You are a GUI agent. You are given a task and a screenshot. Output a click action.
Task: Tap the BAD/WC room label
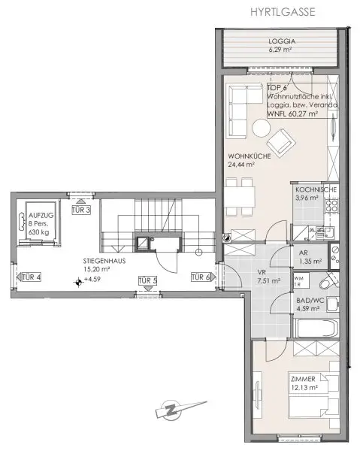pos(310,299)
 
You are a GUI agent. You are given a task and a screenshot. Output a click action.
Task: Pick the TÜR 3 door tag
pos(81,210)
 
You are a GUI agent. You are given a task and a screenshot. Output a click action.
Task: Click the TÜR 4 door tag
pos(30,277)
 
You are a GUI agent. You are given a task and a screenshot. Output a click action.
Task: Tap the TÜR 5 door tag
pos(147,281)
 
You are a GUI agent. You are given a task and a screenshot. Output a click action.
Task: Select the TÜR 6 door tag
pos(200,277)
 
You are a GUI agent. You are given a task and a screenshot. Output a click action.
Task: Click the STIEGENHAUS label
pos(104,262)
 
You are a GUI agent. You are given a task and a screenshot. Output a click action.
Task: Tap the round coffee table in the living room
pos(259,130)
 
